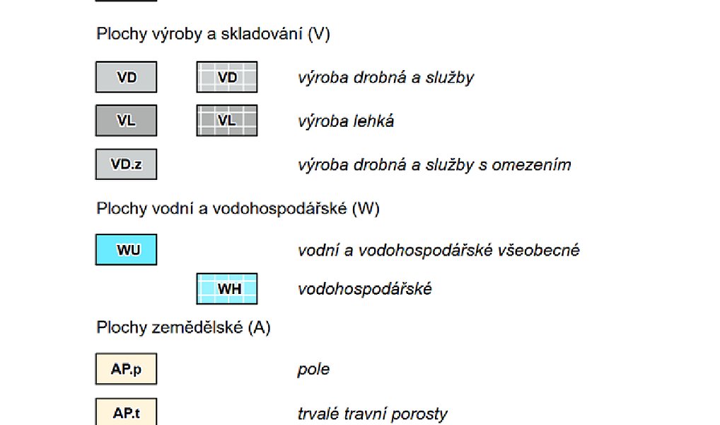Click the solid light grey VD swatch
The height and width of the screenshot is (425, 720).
[127, 76]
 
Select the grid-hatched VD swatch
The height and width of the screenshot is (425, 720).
[227, 76]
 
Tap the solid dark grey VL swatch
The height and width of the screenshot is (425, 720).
[127, 120]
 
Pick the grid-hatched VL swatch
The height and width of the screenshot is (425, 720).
[227, 120]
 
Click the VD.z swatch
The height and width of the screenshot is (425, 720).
[127, 164]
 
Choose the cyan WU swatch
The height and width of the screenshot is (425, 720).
[127, 250]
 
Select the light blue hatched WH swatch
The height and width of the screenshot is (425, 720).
[227, 289]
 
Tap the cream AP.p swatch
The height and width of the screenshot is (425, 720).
[127, 369]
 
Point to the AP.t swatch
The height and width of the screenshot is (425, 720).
[127, 412]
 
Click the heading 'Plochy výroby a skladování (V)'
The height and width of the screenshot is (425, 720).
[213, 34]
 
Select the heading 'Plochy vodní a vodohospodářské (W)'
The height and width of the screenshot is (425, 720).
[238, 208]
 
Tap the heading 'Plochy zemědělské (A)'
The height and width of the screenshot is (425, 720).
[183, 327]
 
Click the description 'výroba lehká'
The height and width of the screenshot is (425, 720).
[346, 121]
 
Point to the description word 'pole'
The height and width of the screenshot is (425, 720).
[313, 369]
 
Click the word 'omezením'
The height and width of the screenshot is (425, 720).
[531, 164]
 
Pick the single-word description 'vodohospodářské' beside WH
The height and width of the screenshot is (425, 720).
[364, 289]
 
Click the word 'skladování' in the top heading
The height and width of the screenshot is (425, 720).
[261, 34]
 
